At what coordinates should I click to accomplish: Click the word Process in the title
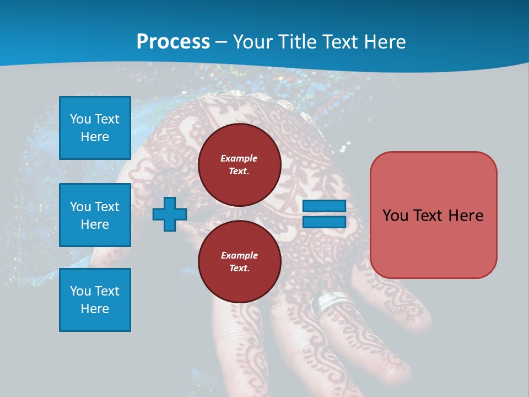[173, 42]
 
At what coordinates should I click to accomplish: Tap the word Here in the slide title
[385, 42]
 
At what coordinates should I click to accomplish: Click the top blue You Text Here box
[95, 128]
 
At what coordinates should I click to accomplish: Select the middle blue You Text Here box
[95, 215]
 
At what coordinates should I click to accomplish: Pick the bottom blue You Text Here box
[95, 299]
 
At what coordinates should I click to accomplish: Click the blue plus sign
[169, 214]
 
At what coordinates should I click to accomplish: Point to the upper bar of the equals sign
[324, 206]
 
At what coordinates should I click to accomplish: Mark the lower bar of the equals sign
[324, 222]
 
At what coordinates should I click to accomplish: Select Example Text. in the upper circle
[239, 164]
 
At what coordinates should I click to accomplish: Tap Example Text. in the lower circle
[239, 262]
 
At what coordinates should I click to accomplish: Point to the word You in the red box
[395, 215]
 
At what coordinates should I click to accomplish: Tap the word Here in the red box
[466, 215]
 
